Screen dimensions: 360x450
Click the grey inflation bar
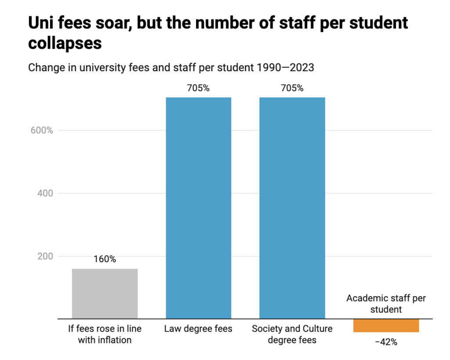pyautogui.click(x=105, y=293)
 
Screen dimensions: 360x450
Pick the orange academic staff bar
pyautogui.click(x=386, y=325)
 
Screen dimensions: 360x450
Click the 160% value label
pyautogui.click(x=105, y=259)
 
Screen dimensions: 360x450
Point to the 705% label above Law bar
pyautogui.click(x=198, y=88)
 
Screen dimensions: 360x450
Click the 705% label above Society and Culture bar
pyautogui.click(x=292, y=88)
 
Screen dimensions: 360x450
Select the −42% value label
pyautogui.click(x=386, y=342)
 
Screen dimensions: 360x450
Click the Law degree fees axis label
pyautogui.click(x=198, y=329)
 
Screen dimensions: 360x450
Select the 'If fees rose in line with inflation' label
pyautogui.click(x=105, y=334)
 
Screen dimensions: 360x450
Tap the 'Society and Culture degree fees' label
pyautogui.click(x=292, y=334)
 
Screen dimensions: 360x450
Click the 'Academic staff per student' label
pyautogui.click(x=386, y=304)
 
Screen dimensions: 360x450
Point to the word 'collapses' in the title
pyautogui.click(x=65, y=43)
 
